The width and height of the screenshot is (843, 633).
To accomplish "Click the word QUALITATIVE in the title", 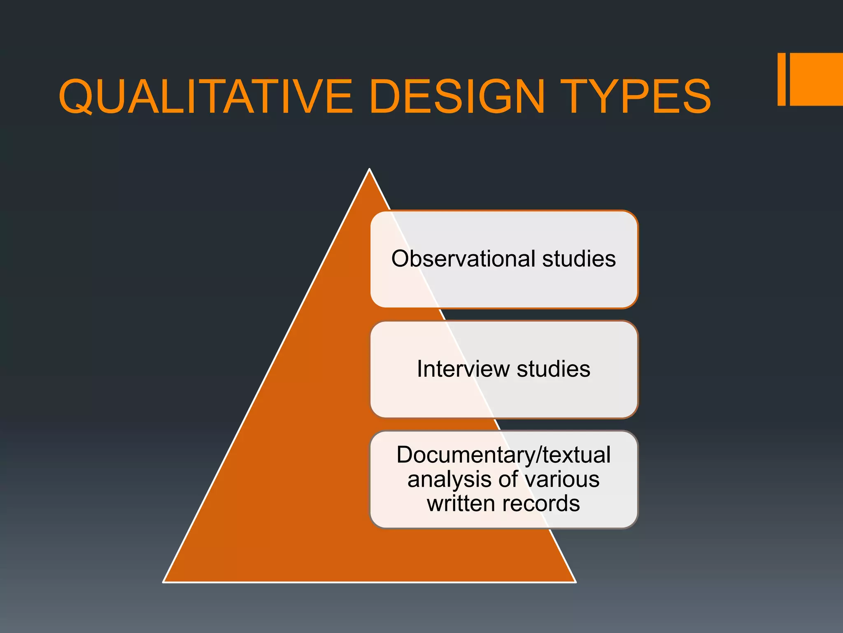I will coord(206,97).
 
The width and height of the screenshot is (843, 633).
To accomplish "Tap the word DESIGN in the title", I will coord(457,97).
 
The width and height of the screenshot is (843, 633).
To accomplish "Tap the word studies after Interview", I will coord(553,369).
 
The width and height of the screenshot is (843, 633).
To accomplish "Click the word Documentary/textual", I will coord(503,455).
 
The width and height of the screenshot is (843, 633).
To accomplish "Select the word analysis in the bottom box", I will coord(449,480).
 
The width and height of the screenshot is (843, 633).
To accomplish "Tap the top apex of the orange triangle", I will coord(369,170).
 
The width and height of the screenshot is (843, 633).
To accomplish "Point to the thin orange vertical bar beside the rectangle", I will coord(781,79).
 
